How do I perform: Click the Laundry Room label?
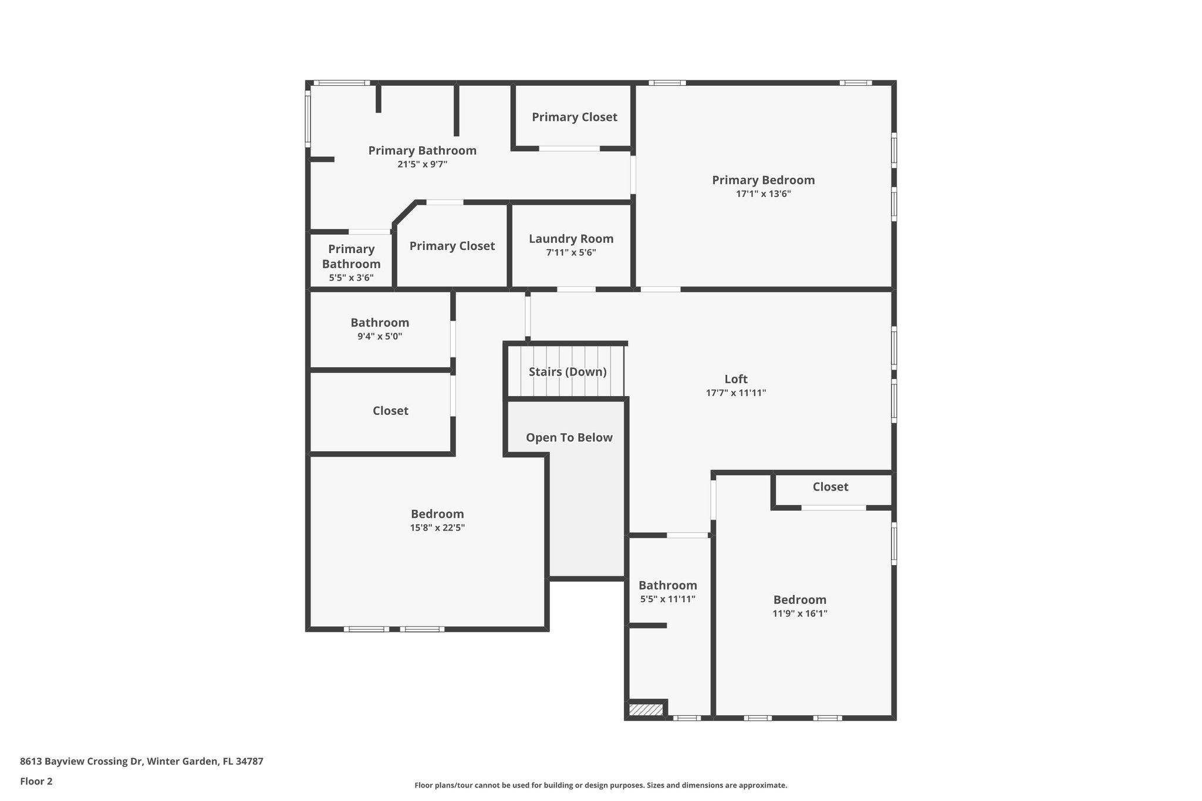point(571,239)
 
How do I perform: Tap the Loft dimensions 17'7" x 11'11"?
point(736,393)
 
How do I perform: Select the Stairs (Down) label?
point(568,372)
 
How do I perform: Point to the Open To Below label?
point(569,438)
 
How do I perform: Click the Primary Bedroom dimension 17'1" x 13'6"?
point(764,194)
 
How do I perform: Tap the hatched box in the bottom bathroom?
point(646,710)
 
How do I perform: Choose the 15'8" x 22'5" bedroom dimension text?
point(437,528)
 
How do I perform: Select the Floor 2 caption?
point(36,782)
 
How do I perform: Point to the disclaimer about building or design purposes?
point(600,785)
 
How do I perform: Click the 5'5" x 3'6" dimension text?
point(351,278)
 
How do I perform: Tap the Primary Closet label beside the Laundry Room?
point(452,246)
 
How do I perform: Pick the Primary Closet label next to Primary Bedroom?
point(574,117)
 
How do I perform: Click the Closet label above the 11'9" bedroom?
point(830,487)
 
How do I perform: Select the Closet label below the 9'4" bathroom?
point(390,411)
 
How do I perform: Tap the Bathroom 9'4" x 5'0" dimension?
point(380,337)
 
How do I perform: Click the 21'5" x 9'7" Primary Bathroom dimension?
point(422,165)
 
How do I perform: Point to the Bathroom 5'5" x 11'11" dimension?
point(668,600)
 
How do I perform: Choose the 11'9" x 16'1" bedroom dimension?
point(799,614)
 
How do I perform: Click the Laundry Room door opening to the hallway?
point(576,289)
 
